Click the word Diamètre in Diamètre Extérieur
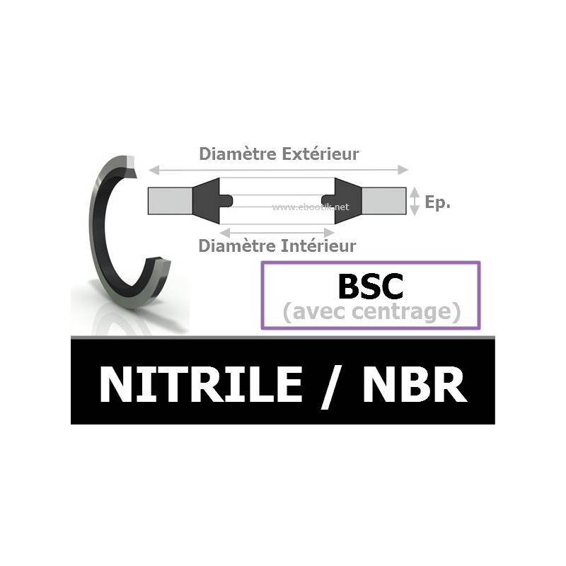[238, 154]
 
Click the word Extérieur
[320, 154]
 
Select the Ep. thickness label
[437, 202]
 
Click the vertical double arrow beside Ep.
[415, 201]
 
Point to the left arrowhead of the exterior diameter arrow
[154, 170]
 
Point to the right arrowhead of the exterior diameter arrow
[403, 170]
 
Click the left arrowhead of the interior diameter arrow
[225, 232]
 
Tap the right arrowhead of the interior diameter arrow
[329, 232]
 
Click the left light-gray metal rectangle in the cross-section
[170, 201]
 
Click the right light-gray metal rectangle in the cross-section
[383, 201]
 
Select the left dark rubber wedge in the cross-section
[209, 201]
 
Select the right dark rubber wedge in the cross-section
[345, 201]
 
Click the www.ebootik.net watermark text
[311, 207]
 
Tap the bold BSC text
[370, 287]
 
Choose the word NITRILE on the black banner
[201, 383]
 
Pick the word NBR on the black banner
[415, 383]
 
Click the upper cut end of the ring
[130, 166]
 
